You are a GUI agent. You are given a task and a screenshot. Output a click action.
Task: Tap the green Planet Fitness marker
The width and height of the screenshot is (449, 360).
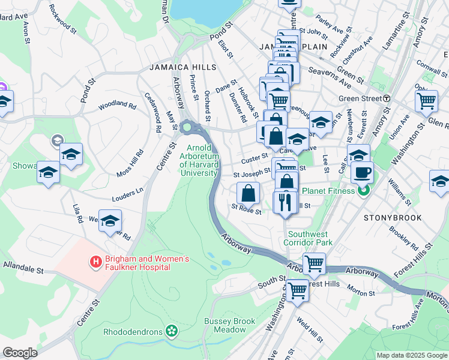[x=363, y=191]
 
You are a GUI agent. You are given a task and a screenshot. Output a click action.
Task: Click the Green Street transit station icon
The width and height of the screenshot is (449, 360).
[x=387, y=98]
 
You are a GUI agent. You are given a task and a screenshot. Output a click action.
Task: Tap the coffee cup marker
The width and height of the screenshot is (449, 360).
[x=362, y=173]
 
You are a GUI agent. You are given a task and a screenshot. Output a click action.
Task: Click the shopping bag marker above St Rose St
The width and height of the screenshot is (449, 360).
[x=249, y=193]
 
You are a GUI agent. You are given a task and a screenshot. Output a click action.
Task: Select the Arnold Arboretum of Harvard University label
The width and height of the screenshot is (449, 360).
[x=201, y=160]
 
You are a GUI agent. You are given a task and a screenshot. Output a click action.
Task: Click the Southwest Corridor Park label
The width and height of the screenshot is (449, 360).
[x=310, y=239]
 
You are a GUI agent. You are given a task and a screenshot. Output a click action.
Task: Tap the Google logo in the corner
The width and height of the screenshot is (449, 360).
[x=20, y=353]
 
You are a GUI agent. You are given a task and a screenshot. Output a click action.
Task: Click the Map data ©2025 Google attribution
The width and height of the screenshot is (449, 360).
[x=411, y=355]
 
